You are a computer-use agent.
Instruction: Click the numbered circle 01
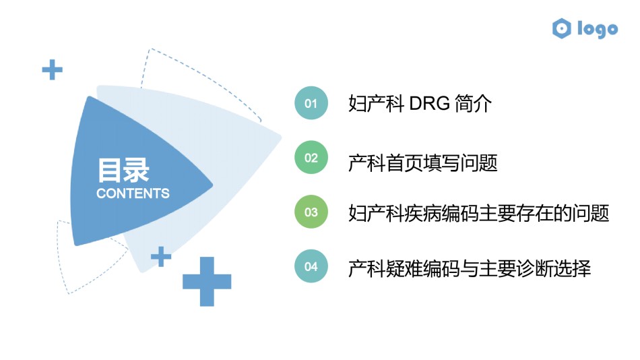(x=311, y=103)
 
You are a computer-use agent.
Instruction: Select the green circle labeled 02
(x=311, y=157)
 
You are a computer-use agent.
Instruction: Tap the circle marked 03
(x=311, y=212)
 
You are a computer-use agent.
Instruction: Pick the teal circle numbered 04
(x=311, y=266)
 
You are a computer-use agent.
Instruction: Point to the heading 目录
(x=123, y=170)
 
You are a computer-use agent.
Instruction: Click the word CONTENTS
(x=133, y=193)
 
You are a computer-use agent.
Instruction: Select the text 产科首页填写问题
(x=423, y=163)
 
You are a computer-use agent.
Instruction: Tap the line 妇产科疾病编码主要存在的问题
(x=479, y=213)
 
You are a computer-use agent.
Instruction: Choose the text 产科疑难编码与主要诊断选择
(x=470, y=268)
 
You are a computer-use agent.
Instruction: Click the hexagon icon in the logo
(x=562, y=28)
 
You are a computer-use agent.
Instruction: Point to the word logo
(x=598, y=29)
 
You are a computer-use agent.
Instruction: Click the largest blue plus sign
(x=207, y=282)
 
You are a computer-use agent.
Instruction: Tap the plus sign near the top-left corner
(x=53, y=70)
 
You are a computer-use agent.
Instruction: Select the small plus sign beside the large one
(x=161, y=257)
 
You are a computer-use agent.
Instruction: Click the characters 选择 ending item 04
(x=572, y=268)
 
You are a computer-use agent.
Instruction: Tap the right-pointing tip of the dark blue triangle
(x=212, y=185)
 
